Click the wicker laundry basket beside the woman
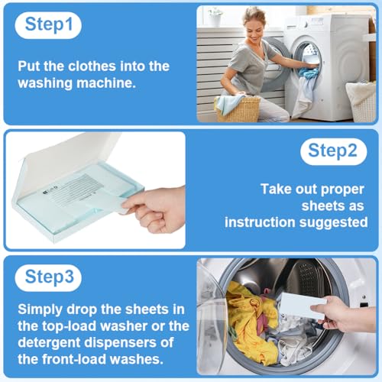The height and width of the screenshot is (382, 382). [240, 108]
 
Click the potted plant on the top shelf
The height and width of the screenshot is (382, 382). [216, 13]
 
